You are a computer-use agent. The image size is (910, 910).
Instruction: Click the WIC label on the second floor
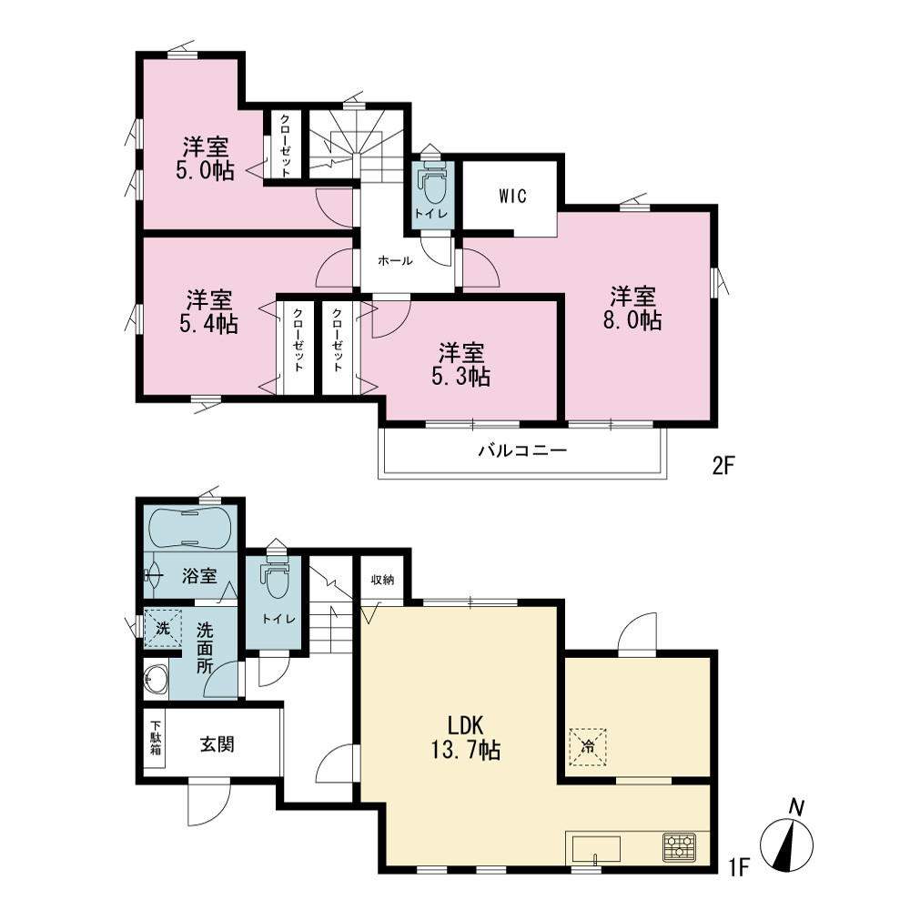coord(512,197)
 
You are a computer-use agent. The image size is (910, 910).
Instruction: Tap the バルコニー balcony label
coord(522,450)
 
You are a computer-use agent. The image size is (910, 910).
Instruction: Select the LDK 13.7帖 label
coord(465,737)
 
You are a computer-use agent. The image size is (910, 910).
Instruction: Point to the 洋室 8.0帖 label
coord(632,308)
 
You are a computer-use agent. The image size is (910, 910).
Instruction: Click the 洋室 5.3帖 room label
coord(460,365)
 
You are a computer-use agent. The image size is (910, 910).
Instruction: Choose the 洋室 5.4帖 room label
coord(209,311)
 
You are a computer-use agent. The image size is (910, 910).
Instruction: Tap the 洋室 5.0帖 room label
coord(206,158)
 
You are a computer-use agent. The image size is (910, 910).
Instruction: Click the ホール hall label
coord(395,260)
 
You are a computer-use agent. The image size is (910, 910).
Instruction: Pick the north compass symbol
coord(787,840)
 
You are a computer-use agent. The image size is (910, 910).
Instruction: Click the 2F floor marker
coord(723,465)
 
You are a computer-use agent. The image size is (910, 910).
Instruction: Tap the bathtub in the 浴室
coord(190,527)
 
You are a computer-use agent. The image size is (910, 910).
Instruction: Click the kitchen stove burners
coord(680,845)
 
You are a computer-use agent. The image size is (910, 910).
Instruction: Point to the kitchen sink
coord(596,849)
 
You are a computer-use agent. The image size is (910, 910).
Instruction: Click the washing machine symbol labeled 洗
coord(163,628)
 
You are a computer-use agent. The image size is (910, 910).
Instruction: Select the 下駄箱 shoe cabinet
coord(155,738)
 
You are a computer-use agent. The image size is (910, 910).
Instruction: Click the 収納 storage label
coord(383,579)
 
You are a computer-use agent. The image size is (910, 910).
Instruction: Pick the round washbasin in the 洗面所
coord(156,679)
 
